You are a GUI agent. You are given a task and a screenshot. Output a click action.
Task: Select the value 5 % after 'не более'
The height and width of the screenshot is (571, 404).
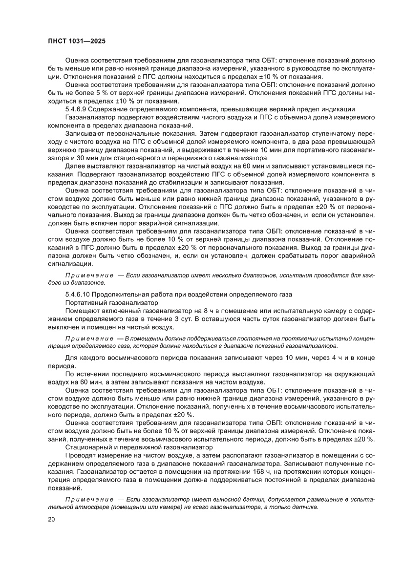tap(121, 93)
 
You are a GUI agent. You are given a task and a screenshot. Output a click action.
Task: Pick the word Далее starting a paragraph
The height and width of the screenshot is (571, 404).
tap(75, 167)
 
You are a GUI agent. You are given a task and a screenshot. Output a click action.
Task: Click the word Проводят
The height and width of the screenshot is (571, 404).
tap(80, 455)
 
